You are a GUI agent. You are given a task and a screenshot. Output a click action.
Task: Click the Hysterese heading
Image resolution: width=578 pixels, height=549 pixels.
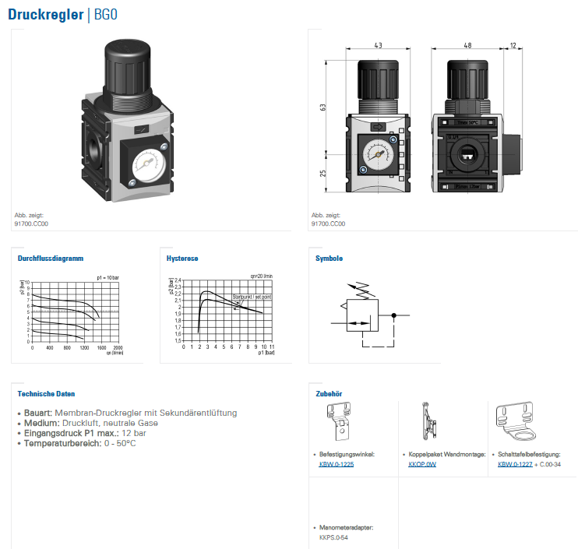click(182, 258)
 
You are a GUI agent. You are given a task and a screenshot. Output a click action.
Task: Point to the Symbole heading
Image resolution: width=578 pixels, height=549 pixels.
click(329, 258)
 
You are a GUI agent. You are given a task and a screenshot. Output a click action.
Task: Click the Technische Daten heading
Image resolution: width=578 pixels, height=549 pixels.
click(46, 394)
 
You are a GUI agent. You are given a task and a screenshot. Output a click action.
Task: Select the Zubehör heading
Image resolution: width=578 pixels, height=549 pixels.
click(329, 394)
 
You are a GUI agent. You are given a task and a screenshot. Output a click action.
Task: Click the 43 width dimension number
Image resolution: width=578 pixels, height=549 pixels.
click(378, 46)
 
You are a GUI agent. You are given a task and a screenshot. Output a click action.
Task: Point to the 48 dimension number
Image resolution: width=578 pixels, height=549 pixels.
click(467, 46)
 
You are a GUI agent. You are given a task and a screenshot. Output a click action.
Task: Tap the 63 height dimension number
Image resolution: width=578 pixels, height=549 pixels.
click(322, 108)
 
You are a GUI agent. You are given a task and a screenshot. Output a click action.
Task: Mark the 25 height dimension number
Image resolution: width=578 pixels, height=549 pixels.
click(322, 173)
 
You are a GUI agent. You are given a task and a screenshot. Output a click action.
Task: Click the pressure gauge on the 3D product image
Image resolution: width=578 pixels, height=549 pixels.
click(146, 162)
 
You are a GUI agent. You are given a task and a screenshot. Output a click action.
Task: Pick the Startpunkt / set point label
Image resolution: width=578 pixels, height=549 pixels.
click(252, 297)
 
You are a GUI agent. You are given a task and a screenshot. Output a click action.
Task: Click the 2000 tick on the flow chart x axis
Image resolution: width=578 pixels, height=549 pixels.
click(118, 347)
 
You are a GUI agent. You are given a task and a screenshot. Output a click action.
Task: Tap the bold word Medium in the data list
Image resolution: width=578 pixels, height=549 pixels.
click(37, 423)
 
